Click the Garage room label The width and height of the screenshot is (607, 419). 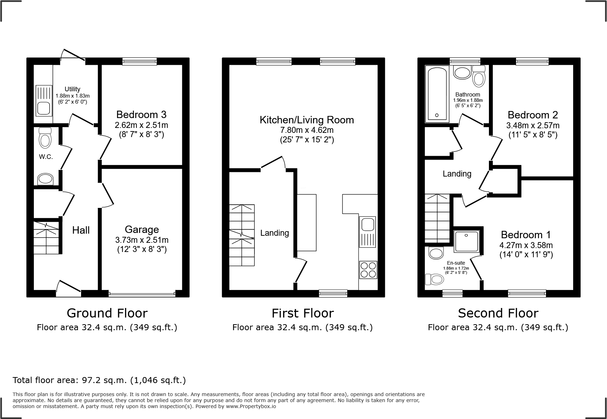[142, 229]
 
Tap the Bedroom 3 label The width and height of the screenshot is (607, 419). [141, 115]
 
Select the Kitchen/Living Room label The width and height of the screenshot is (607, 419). [307, 120]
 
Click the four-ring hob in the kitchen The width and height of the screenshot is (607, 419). [368, 270]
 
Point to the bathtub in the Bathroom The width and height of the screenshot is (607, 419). [437, 94]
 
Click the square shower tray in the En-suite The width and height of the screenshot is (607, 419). [466, 241]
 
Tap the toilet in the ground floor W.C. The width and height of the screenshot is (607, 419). [45, 137]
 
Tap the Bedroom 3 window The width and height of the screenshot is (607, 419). [140, 61]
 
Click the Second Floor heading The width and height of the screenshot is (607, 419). [498, 313]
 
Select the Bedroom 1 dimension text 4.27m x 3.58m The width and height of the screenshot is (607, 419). [526, 245]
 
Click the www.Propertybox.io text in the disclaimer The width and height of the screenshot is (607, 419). [251, 406]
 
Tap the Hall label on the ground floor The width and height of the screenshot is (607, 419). [81, 230]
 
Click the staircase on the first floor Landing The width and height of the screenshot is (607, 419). [242, 235]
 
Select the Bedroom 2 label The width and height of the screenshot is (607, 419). [533, 115]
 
